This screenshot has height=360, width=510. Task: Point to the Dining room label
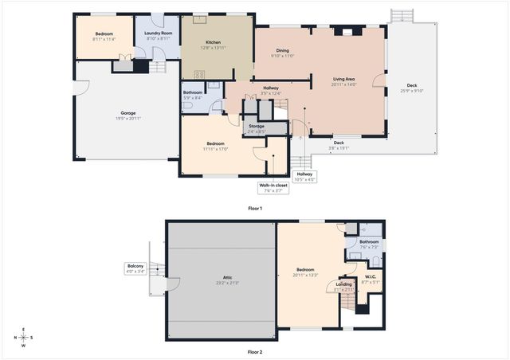pyautogui.click(x=282, y=53)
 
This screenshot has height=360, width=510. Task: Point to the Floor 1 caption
pyautogui.click(x=255, y=208)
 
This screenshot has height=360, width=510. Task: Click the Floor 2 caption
pyautogui.click(x=255, y=351)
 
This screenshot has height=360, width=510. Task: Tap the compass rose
pyautogui.click(x=24, y=338)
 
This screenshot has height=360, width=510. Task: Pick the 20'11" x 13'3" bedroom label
pyautogui.click(x=307, y=272)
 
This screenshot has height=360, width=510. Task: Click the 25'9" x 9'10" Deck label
pyautogui.click(x=411, y=88)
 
